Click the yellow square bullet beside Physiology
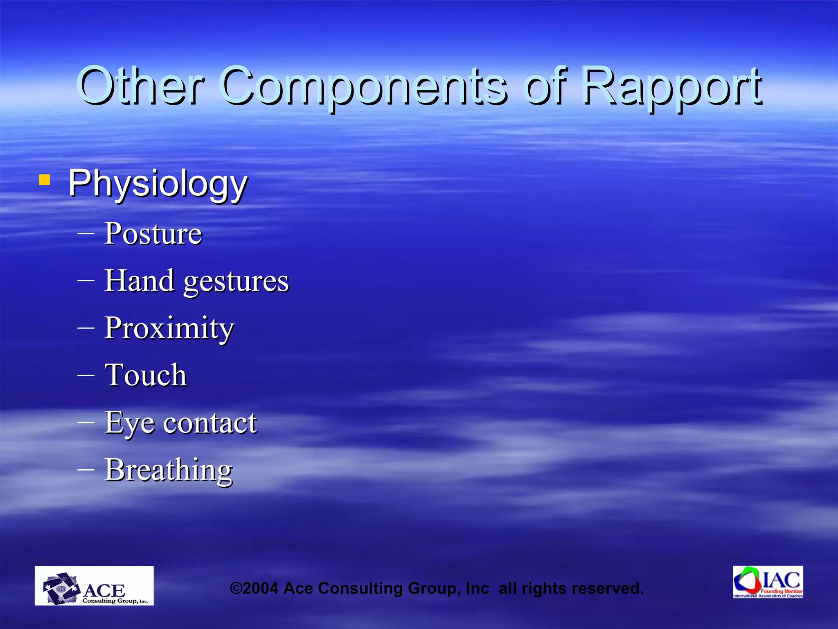(45, 180)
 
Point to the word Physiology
(158, 184)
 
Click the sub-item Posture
(153, 234)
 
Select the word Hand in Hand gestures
(139, 281)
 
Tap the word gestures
(236, 283)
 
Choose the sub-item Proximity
(169, 329)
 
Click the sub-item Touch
(146, 375)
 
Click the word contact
(210, 423)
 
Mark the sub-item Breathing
(168, 470)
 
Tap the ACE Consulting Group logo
(94, 586)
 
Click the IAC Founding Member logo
(768, 582)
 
